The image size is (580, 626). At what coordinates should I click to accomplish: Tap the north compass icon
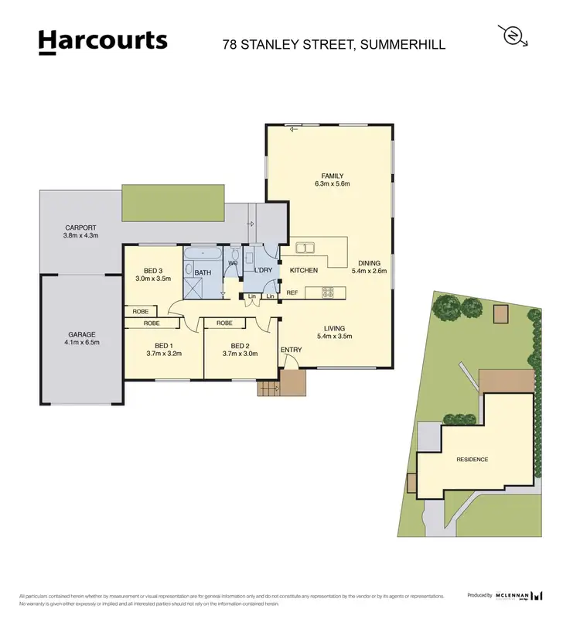point(511,36)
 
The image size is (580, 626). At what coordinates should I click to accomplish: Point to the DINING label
point(367,263)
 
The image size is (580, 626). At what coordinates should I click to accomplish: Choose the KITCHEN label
point(304,270)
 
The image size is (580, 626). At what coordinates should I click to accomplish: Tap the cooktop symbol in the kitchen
point(327,292)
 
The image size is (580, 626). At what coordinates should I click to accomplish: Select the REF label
point(292,293)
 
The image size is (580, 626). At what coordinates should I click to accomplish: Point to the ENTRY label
point(291,350)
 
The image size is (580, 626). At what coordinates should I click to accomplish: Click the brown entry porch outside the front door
point(292,380)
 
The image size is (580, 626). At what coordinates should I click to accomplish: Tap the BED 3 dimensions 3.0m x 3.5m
point(152,278)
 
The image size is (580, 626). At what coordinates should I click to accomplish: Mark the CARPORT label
point(80,227)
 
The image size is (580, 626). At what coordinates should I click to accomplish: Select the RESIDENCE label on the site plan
point(472,460)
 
